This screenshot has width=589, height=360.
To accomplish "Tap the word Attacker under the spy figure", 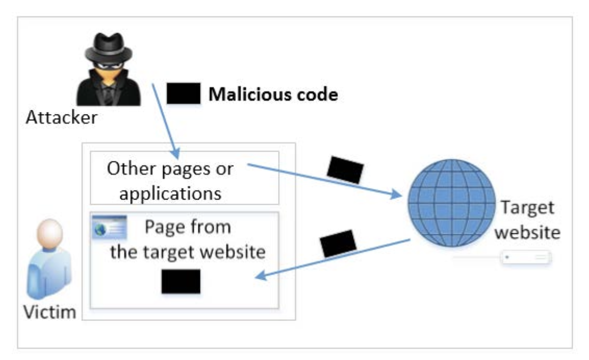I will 62,117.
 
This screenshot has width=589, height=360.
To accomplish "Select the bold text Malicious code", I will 273,94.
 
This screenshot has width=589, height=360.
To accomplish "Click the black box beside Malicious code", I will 183,93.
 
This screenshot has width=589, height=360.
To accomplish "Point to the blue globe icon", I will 451,204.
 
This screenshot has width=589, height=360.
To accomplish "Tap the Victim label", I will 50,311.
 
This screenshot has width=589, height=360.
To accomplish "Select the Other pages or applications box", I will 184,178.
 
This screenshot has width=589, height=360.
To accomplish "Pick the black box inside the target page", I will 180,281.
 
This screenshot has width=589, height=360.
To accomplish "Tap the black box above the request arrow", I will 345,169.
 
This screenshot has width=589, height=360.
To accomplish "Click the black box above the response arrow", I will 338,243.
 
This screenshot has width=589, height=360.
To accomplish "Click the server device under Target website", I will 526,258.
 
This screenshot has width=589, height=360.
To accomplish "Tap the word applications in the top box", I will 170,193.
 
